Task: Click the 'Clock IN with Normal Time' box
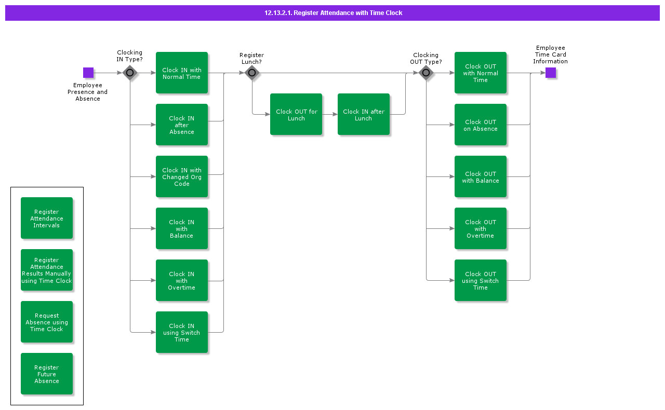pos(182,73)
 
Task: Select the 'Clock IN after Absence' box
pos(182,125)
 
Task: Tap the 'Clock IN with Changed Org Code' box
pos(182,176)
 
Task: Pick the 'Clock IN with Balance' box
pos(182,228)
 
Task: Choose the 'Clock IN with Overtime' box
pos(182,280)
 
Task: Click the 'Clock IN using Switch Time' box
pos(182,332)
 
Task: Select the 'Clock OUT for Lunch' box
pos(296,114)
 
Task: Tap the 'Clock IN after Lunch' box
pos(364,114)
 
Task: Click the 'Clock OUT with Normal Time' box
pos(481,73)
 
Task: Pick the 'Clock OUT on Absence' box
pos(481,125)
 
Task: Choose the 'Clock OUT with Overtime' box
pos(481,228)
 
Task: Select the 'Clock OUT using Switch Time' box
pos(481,280)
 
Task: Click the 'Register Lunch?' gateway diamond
pos(252,73)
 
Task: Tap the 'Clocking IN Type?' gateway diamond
pos(130,73)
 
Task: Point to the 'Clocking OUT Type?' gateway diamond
pos(426,73)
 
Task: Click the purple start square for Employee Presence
pos(88,73)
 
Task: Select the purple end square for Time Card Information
pos(551,73)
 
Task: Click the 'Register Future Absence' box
pos(47,374)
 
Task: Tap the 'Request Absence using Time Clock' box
pos(47,322)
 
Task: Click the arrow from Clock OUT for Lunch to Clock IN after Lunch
pos(330,114)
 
